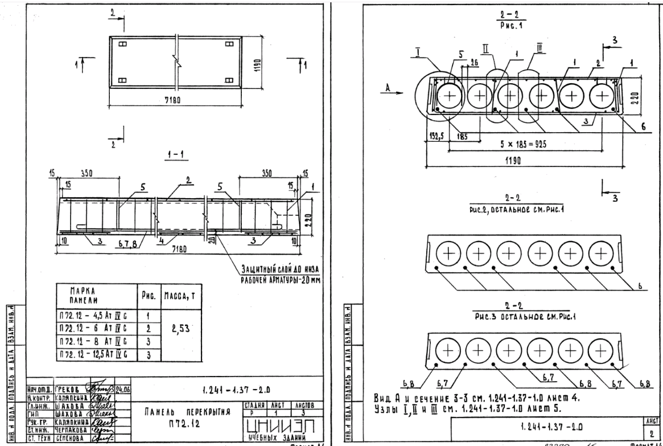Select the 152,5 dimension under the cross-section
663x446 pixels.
435,136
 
